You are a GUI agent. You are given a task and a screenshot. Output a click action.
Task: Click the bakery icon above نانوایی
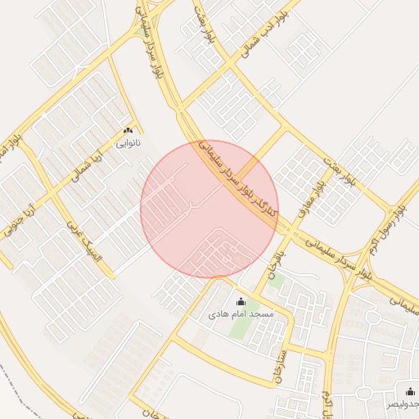point(128,130)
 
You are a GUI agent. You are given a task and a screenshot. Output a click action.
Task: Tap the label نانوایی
point(128,142)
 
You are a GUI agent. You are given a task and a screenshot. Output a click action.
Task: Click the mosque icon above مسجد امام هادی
point(241,302)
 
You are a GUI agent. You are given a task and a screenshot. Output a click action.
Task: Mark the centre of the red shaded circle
point(209,209)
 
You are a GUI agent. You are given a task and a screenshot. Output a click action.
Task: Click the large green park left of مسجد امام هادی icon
point(239,322)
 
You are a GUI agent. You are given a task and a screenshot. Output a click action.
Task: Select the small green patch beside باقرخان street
point(277,282)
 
